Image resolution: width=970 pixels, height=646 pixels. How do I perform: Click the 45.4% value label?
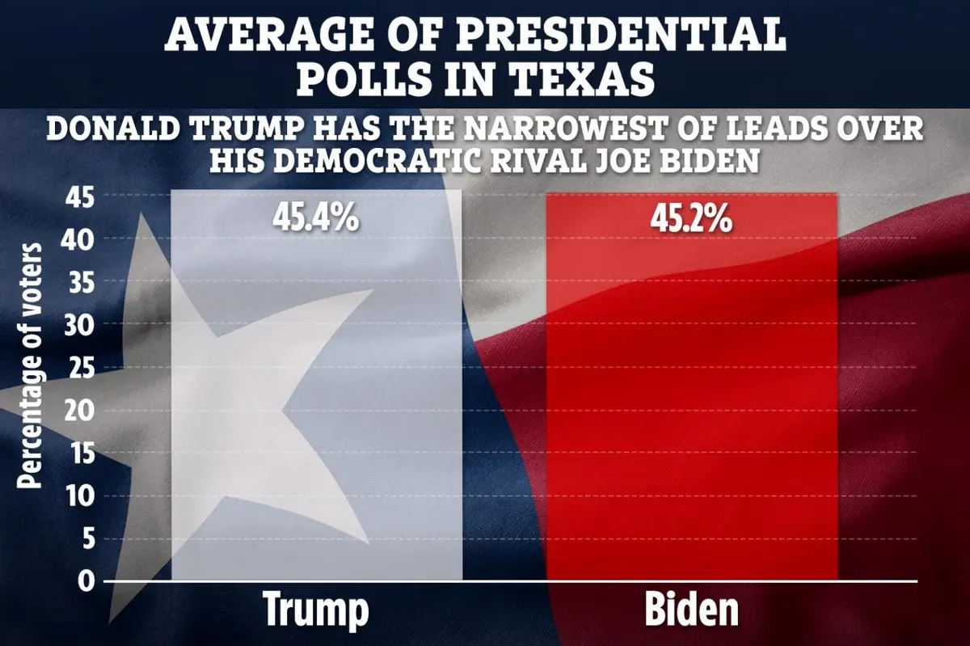(x=315, y=218)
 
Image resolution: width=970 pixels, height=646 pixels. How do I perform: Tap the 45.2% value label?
(x=691, y=218)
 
